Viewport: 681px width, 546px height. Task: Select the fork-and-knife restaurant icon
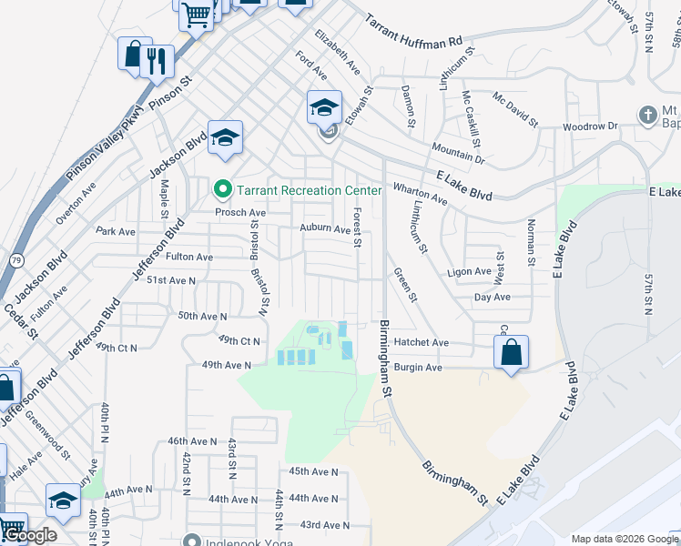[x=160, y=61]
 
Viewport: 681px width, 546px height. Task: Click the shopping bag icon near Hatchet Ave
[x=512, y=352]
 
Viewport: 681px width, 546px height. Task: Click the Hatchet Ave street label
[x=422, y=343]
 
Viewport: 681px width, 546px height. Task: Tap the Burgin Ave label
[x=418, y=368]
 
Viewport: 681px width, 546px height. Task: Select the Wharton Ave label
[x=420, y=193]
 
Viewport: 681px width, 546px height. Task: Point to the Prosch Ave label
[x=239, y=212]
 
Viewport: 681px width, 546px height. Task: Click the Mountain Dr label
[x=458, y=150]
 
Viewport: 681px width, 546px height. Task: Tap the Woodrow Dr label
[x=590, y=126]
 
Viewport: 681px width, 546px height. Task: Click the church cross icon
[x=647, y=115]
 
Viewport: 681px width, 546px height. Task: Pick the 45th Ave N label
[x=313, y=471]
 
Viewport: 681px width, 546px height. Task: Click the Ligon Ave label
[x=469, y=272]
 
